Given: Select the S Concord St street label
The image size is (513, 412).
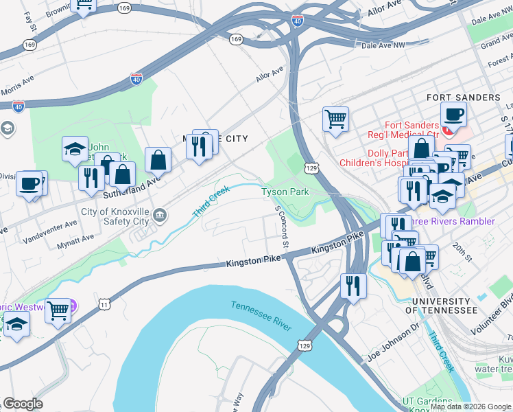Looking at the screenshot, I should (281, 227).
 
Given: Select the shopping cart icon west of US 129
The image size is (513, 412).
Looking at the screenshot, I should (335, 118).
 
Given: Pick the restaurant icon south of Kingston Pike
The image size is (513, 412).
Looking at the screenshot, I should (353, 284).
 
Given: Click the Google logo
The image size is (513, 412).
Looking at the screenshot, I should (23, 404).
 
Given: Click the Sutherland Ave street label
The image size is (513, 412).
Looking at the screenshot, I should (143, 185).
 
